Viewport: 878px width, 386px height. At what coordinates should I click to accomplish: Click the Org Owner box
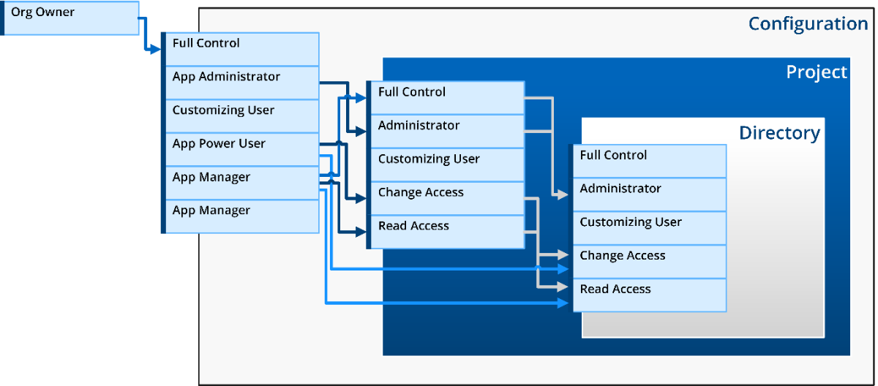pos(70,18)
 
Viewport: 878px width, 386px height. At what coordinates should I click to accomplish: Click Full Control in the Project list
pos(447,98)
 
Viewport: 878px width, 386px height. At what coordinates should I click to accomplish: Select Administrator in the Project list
pos(447,132)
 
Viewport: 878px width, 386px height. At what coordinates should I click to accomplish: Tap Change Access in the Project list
pos(447,198)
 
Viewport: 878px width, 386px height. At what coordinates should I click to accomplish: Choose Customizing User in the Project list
pos(447,164)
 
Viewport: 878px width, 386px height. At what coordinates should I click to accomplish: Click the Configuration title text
pos(808,24)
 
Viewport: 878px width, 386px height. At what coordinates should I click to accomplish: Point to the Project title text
pos(817,72)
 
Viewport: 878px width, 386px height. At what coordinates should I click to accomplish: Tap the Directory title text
pos(780,133)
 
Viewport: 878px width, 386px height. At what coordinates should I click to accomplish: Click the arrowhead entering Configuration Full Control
pos(156,49)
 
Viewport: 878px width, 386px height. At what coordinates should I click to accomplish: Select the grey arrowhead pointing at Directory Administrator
pos(563,194)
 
